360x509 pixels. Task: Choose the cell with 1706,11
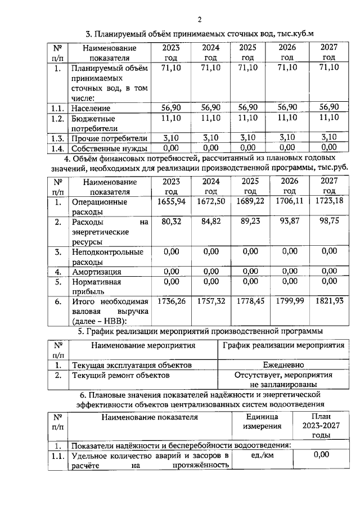click(290, 201)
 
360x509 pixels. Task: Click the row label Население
click(91, 108)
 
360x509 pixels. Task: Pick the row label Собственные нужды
click(109, 148)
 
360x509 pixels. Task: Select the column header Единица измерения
click(262, 422)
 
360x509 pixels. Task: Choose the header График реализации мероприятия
click(283, 345)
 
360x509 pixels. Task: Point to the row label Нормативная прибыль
click(96, 286)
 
